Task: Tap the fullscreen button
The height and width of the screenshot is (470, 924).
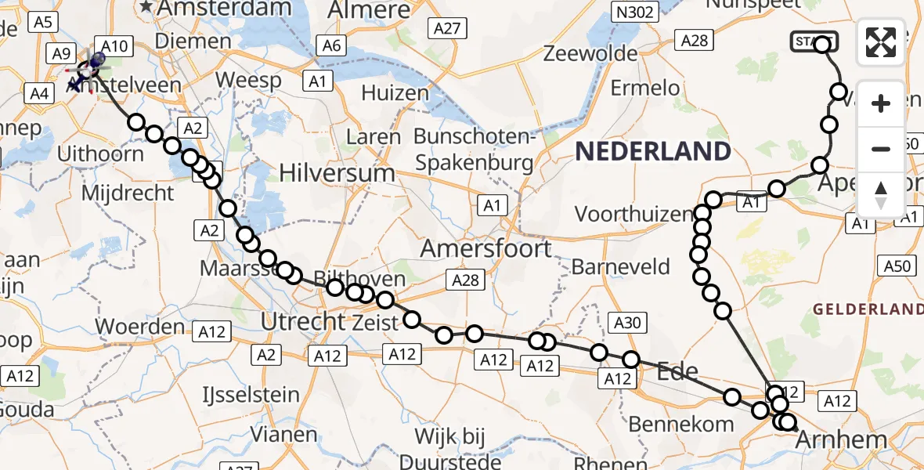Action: (881, 42)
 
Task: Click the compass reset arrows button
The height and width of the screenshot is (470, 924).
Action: (881, 195)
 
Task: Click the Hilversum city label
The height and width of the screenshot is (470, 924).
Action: (337, 172)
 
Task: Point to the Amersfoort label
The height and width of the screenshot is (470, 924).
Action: (486, 248)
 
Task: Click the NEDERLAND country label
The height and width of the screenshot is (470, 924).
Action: (653, 151)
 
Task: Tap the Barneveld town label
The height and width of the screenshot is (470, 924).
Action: (621, 266)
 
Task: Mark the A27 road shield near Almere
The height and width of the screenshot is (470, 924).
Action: (448, 29)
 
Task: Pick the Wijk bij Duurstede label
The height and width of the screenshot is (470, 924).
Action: (451, 446)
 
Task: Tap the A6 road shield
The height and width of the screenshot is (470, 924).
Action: (332, 46)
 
